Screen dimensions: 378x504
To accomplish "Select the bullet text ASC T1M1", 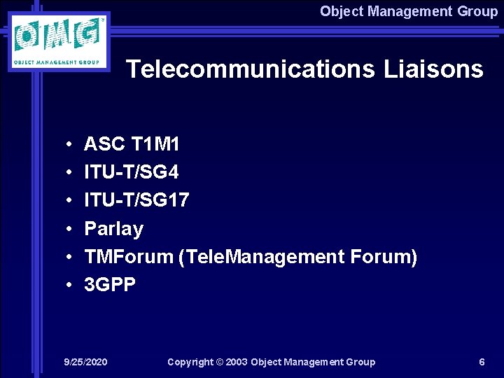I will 132,145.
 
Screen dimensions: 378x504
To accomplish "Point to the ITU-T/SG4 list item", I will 132,173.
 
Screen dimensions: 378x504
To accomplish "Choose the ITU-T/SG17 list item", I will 136,201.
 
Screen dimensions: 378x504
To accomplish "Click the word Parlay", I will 113,229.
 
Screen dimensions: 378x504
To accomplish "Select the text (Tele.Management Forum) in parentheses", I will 298,257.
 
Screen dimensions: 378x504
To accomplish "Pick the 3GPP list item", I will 110,285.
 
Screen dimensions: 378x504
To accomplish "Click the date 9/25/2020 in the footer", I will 85,362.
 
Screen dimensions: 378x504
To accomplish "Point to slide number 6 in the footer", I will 482,362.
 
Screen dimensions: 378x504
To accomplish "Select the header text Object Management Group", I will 409,11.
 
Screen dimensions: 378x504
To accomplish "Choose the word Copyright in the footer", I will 190,362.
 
